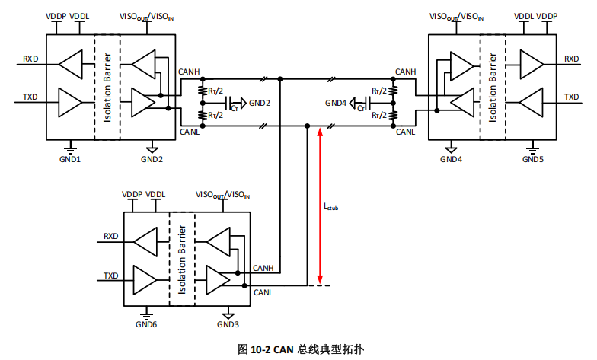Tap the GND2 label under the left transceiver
[152, 160]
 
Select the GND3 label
[227, 325]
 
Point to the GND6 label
[146, 325]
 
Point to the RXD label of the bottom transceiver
[111, 237]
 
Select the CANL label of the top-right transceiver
[405, 133]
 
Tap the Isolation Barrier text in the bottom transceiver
[181, 259]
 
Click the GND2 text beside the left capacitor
[260, 103]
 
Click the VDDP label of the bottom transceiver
[133, 195]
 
